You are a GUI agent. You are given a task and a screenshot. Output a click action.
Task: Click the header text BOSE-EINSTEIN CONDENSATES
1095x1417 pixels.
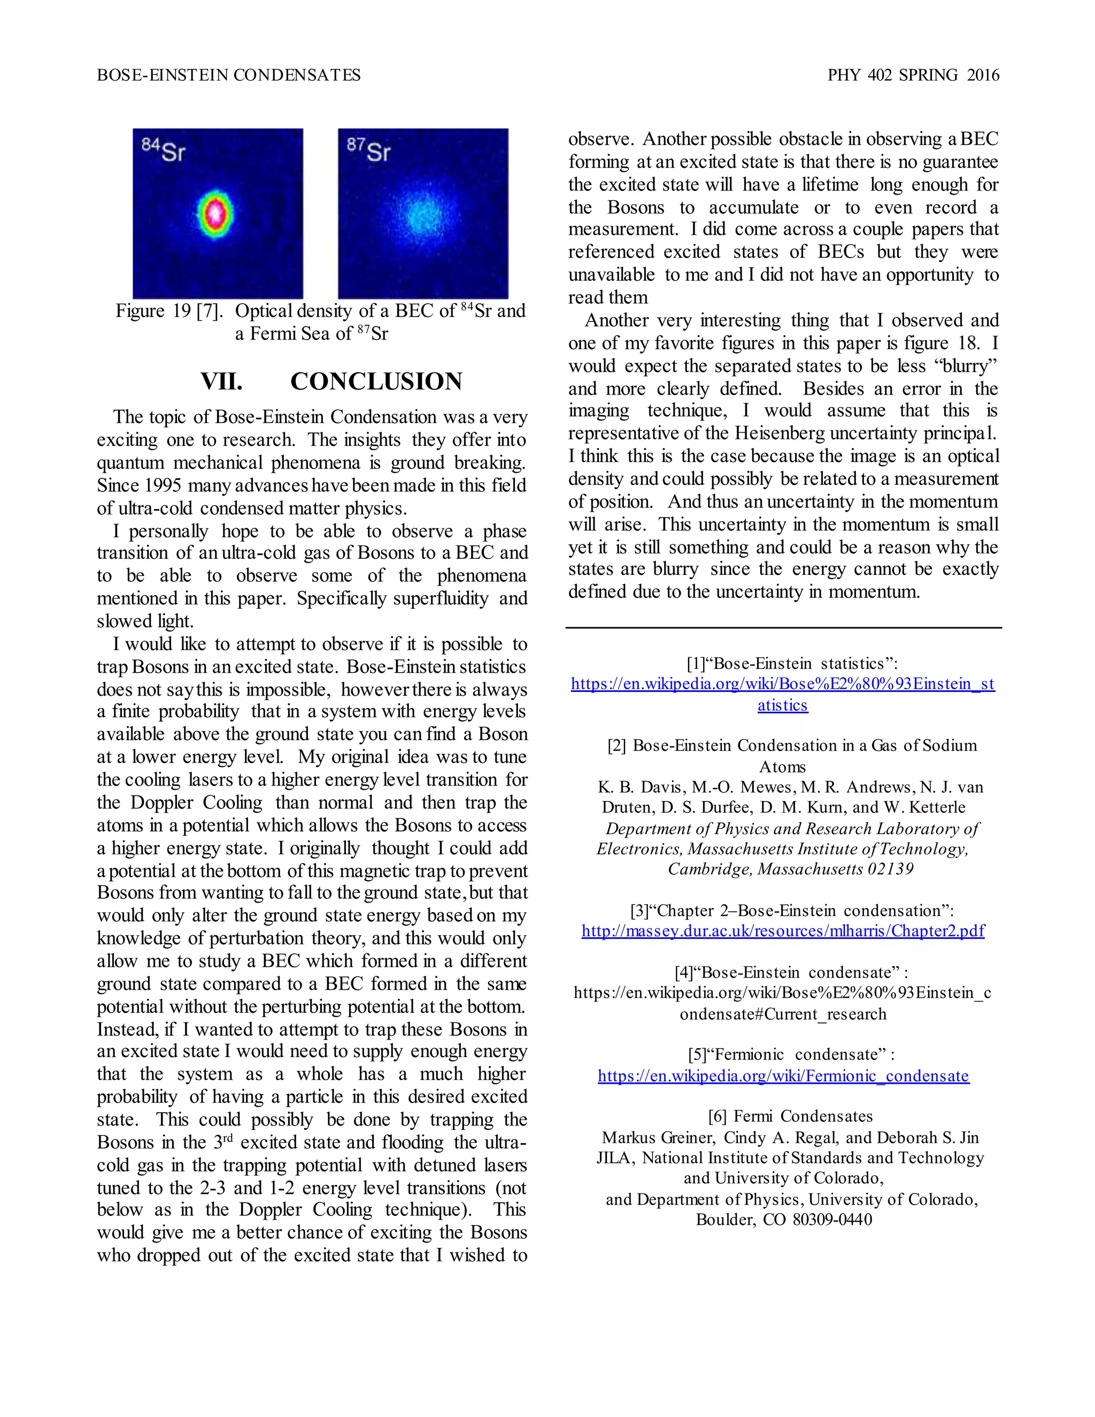[x=228, y=75]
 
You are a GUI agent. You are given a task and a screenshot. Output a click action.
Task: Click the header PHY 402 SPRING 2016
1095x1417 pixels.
[x=913, y=75]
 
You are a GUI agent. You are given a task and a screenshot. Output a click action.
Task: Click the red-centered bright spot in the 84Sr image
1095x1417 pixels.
[x=215, y=213]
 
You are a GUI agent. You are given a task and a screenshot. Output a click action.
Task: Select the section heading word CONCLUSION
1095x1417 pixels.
[x=376, y=381]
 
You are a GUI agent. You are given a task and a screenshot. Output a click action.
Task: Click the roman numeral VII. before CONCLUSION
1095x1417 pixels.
[x=221, y=381]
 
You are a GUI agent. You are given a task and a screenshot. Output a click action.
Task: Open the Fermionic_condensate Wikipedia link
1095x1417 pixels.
[x=783, y=1076]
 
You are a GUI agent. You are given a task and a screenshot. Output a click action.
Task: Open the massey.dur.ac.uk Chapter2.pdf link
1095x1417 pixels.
[x=783, y=930]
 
